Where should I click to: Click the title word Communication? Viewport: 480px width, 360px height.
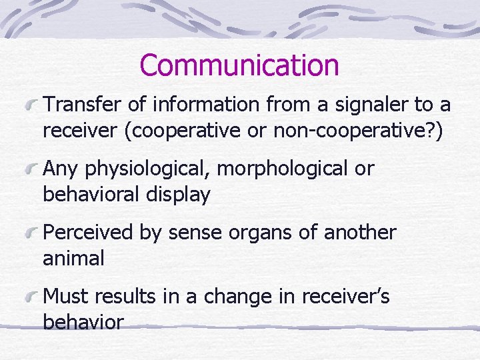(x=239, y=66)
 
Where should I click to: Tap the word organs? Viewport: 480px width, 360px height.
(x=256, y=233)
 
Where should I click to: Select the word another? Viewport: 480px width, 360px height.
(x=360, y=233)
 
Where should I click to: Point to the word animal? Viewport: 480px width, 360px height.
(x=73, y=258)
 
